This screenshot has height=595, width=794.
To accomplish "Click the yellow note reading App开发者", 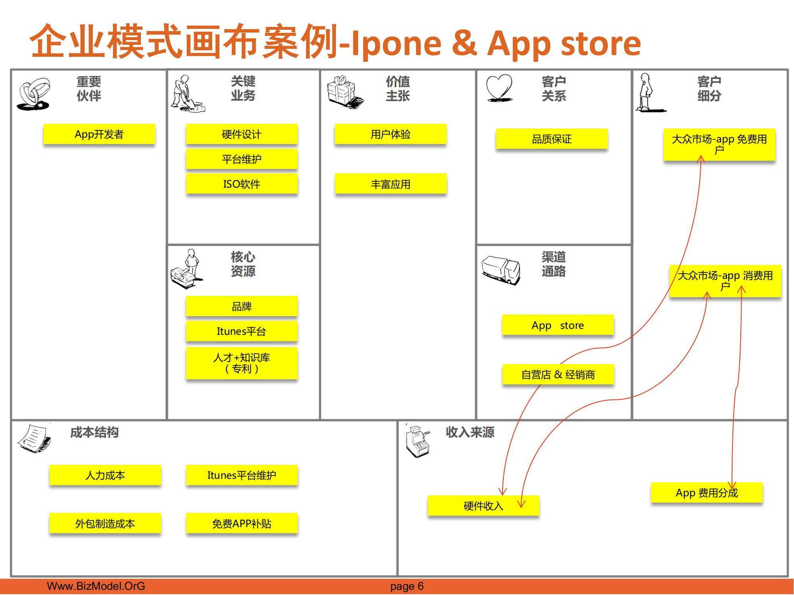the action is (x=99, y=134).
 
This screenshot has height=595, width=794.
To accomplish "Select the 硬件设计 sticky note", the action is (x=242, y=134).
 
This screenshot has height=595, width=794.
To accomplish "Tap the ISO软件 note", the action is (x=242, y=184).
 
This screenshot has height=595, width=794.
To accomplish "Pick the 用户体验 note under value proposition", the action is (x=391, y=134).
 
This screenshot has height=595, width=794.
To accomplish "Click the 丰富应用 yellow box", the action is (x=391, y=184).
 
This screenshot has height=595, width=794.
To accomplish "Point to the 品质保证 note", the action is (x=552, y=139).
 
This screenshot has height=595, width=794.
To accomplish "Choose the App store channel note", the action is (x=558, y=325).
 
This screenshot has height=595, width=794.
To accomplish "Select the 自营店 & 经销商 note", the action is (x=558, y=374).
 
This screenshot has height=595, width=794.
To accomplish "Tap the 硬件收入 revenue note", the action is (x=484, y=506).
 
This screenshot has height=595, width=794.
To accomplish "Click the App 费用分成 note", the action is (x=707, y=493).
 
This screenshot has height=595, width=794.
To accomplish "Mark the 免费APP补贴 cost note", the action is (x=242, y=524).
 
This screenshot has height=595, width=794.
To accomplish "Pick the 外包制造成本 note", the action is (x=105, y=524).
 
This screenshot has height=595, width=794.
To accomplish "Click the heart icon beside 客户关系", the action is (x=499, y=88).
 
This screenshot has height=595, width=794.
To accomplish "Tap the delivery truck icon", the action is (x=501, y=270).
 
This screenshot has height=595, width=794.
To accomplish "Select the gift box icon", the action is (x=345, y=92).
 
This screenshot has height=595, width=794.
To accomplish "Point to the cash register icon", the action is (x=418, y=441).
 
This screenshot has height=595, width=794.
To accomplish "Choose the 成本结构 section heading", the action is (x=94, y=432).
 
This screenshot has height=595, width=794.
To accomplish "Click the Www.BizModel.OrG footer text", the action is (x=96, y=586).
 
